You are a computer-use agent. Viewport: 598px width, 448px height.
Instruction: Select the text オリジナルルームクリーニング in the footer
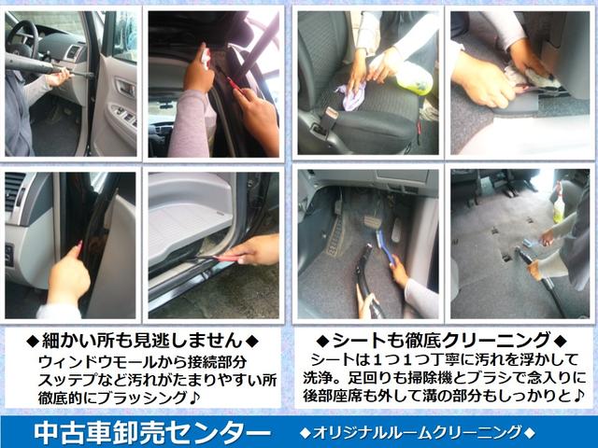coord(418,433)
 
